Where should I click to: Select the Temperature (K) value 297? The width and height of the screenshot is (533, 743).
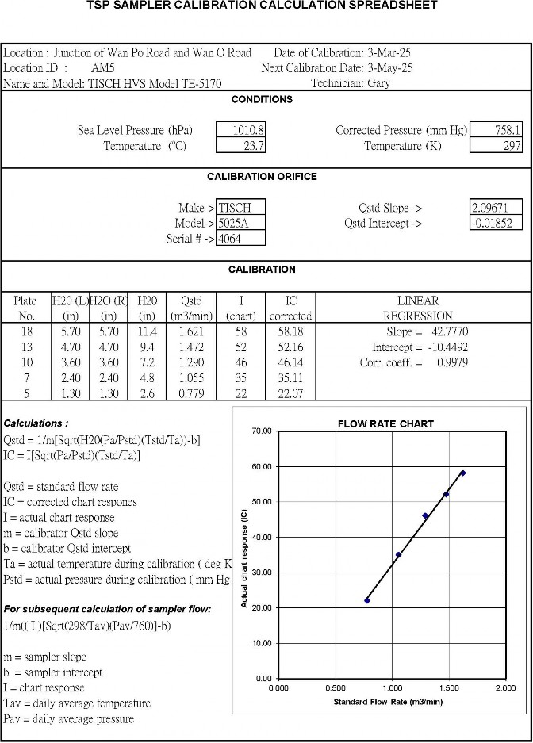click(x=512, y=146)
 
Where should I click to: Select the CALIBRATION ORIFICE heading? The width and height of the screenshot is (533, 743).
click(x=262, y=177)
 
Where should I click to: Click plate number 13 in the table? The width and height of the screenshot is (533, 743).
click(x=25, y=347)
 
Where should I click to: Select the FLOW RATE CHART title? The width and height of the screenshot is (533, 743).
click(x=385, y=423)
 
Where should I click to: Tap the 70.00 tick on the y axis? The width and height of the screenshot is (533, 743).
click(x=261, y=431)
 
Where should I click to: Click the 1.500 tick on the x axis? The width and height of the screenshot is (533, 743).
click(x=448, y=688)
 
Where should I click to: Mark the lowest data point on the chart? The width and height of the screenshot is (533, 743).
click(x=367, y=600)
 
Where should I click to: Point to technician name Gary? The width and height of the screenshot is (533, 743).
click(x=379, y=83)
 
